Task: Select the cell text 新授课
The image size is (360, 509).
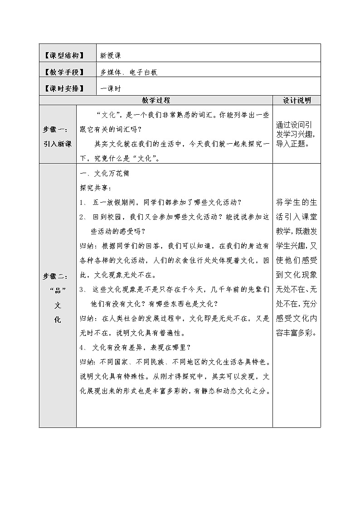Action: tap(111, 55)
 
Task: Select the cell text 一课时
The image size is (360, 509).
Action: tap(111, 88)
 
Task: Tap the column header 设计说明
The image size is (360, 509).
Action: tap(297, 100)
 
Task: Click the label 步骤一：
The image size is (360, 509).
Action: tap(58, 128)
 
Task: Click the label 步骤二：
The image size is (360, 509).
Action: tap(58, 276)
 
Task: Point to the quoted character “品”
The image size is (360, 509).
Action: tap(58, 291)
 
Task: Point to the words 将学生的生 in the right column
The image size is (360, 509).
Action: tap(297, 202)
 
